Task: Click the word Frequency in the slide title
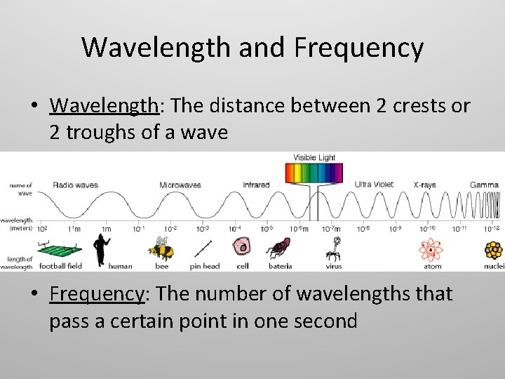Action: pyautogui.click(x=358, y=48)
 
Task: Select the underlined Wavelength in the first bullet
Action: pyautogui.click(x=104, y=106)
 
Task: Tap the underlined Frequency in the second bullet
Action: pyautogui.click(x=96, y=294)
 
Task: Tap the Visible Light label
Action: pyautogui.click(x=314, y=158)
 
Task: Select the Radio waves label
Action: pyautogui.click(x=75, y=185)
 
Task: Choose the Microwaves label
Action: pyautogui.click(x=180, y=185)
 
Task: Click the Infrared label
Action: pyautogui.click(x=256, y=185)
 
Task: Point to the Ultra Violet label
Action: pyautogui.click(x=374, y=185)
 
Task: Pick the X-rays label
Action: pyautogui.click(x=424, y=185)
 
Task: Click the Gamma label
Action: pyautogui.click(x=484, y=185)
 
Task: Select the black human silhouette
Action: pyautogui.click(x=100, y=248)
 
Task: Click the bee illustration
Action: pyautogui.click(x=161, y=248)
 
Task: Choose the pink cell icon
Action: pyautogui.click(x=242, y=248)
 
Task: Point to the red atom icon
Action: pyautogui.click(x=431, y=249)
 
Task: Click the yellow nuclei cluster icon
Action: pyautogui.click(x=494, y=250)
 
